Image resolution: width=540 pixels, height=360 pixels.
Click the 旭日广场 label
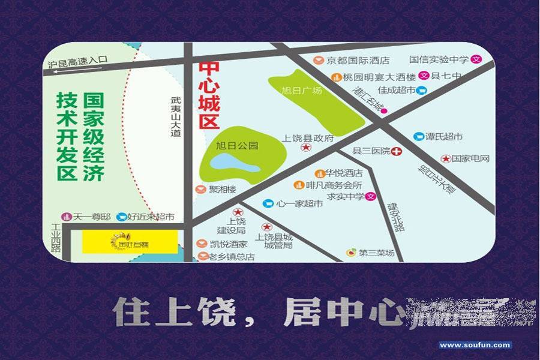tap(302, 91)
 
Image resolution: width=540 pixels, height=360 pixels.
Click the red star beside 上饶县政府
tap(306, 148)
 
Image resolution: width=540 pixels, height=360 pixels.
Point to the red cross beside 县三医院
tap(397, 151)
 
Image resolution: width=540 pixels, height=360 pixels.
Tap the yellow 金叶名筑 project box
tap(130, 241)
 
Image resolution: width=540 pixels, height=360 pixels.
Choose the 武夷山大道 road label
tap(175, 118)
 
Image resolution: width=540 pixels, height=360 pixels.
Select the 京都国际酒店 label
tap(358, 61)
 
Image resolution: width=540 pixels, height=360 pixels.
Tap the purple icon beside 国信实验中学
tap(477, 59)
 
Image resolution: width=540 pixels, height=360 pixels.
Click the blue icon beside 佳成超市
tap(422, 91)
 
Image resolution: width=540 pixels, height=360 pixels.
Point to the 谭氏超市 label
tap(444, 137)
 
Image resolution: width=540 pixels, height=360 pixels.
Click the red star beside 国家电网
tap(446, 159)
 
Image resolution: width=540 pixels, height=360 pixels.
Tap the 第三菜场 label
tap(376, 253)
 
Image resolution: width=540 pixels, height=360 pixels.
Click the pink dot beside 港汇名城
tap(384, 110)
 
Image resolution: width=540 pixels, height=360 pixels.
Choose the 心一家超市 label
tap(299, 204)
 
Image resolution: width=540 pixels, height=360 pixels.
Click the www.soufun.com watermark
tap(475, 345)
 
